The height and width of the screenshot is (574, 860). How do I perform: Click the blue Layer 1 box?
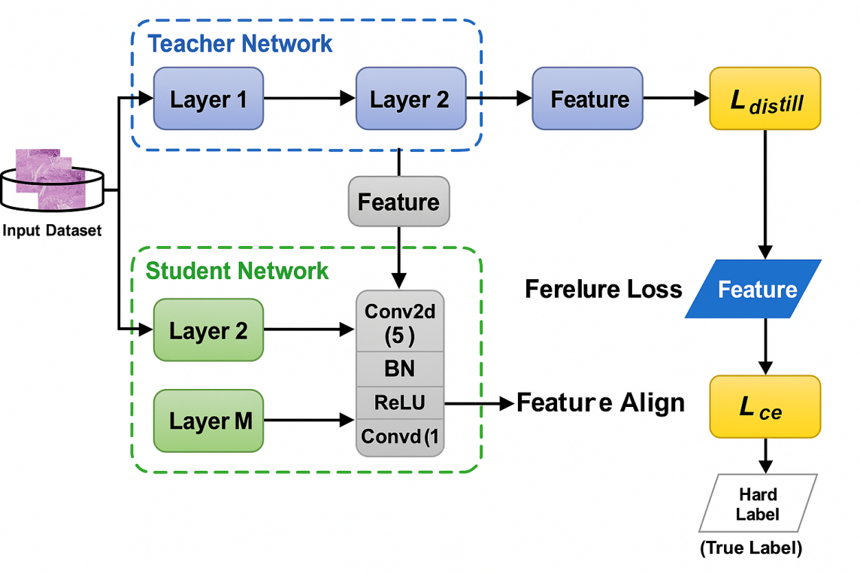(x=208, y=99)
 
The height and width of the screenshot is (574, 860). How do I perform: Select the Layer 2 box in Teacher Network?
(x=410, y=99)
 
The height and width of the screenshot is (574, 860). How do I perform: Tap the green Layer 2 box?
(x=208, y=330)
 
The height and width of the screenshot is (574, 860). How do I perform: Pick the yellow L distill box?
(x=765, y=99)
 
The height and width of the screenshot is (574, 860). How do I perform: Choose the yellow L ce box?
(x=765, y=407)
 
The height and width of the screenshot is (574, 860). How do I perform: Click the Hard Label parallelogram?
(x=758, y=503)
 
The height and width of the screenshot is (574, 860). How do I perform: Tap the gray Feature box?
(x=398, y=202)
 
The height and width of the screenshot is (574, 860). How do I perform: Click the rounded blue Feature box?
(x=588, y=99)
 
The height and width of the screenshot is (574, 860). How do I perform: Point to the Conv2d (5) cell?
(x=399, y=323)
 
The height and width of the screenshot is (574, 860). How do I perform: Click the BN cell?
(x=399, y=369)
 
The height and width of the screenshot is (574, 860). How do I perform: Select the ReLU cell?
(x=399, y=402)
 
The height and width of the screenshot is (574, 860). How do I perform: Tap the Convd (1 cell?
(x=399, y=436)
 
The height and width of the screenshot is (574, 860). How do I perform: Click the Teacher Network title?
(x=240, y=44)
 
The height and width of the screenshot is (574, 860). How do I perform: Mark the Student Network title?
(x=237, y=271)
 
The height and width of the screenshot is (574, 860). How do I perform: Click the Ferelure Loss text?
(x=603, y=289)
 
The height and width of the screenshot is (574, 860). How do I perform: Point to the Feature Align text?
(x=601, y=403)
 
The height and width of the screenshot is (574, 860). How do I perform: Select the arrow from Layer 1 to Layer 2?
(x=309, y=99)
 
